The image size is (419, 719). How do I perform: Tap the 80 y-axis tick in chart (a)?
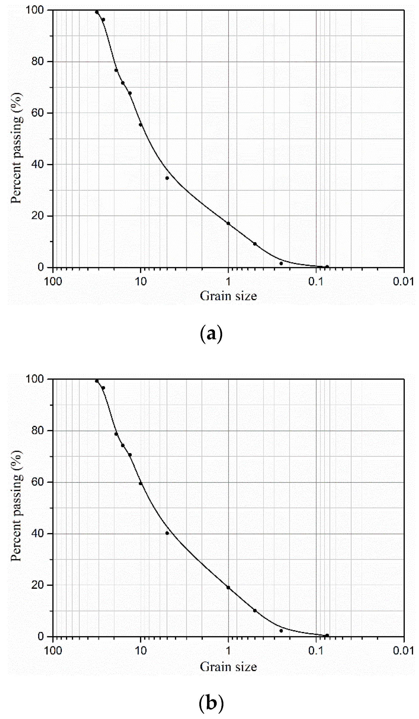[37, 61]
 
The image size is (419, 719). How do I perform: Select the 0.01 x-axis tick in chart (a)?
[403, 281]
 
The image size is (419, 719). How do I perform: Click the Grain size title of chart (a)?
[228, 296]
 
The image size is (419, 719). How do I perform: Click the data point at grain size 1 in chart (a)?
[228, 223]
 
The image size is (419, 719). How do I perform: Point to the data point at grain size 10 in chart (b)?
[140, 483]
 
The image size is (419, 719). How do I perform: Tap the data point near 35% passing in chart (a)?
[167, 178]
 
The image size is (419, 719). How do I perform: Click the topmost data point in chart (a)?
[97, 12]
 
